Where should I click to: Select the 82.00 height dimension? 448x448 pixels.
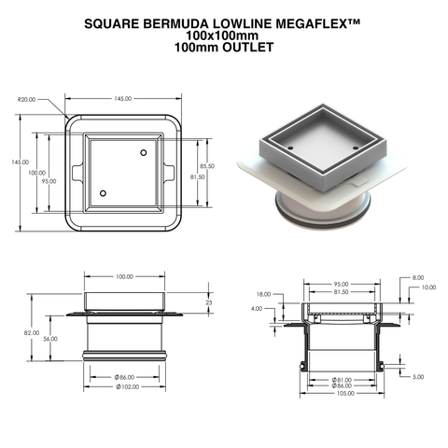coord(31,332)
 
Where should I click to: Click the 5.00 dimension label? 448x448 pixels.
coord(417,376)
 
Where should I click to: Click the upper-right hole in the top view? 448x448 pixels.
coord(144,152)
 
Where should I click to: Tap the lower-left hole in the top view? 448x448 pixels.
coord(103,193)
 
